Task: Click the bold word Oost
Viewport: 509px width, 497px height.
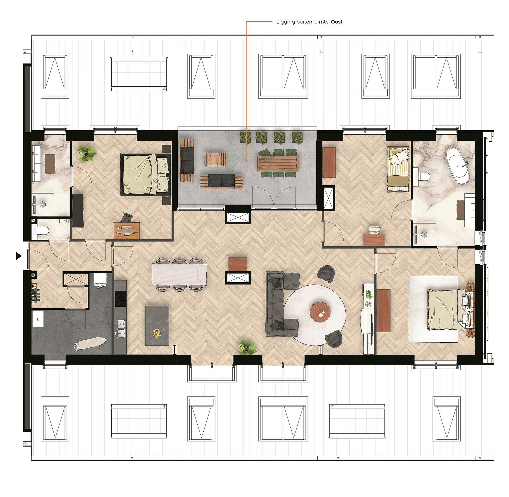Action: pyautogui.click(x=337, y=22)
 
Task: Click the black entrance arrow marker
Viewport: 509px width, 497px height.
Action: pyautogui.click(x=19, y=256)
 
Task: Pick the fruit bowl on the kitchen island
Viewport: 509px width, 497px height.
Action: pyautogui.click(x=156, y=333)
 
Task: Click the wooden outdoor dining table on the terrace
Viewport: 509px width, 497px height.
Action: pyautogui.click(x=278, y=164)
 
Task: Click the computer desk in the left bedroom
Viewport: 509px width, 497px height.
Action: pyautogui.click(x=127, y=230)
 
